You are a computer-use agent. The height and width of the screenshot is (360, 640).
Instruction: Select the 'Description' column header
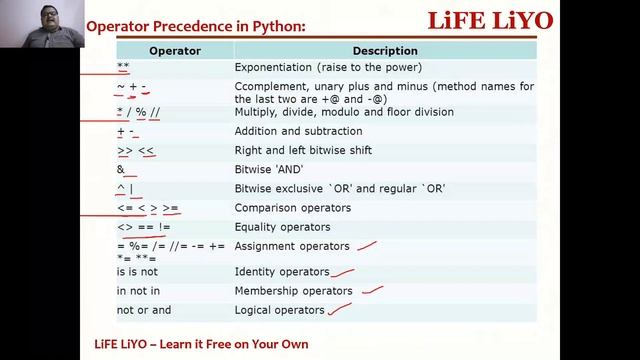(x=385, y=50)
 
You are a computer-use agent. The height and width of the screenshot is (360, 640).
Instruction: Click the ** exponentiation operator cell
(x=123, y=67)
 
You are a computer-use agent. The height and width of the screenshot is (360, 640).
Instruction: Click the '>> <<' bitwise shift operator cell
(x=136, y=150)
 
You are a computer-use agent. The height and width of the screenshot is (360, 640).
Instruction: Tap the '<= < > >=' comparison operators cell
(x=147, y=208)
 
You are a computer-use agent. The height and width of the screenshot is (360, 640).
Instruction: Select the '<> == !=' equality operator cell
(x=143, y=227)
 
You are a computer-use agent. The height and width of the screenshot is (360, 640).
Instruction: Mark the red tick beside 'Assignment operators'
(x=367, y=244)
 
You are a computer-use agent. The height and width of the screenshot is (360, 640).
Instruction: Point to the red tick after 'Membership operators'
(x=373, y=290)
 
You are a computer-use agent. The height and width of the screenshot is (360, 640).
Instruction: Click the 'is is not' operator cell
(x=137, y=271)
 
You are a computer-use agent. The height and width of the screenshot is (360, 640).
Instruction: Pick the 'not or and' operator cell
(x=143, y=310)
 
